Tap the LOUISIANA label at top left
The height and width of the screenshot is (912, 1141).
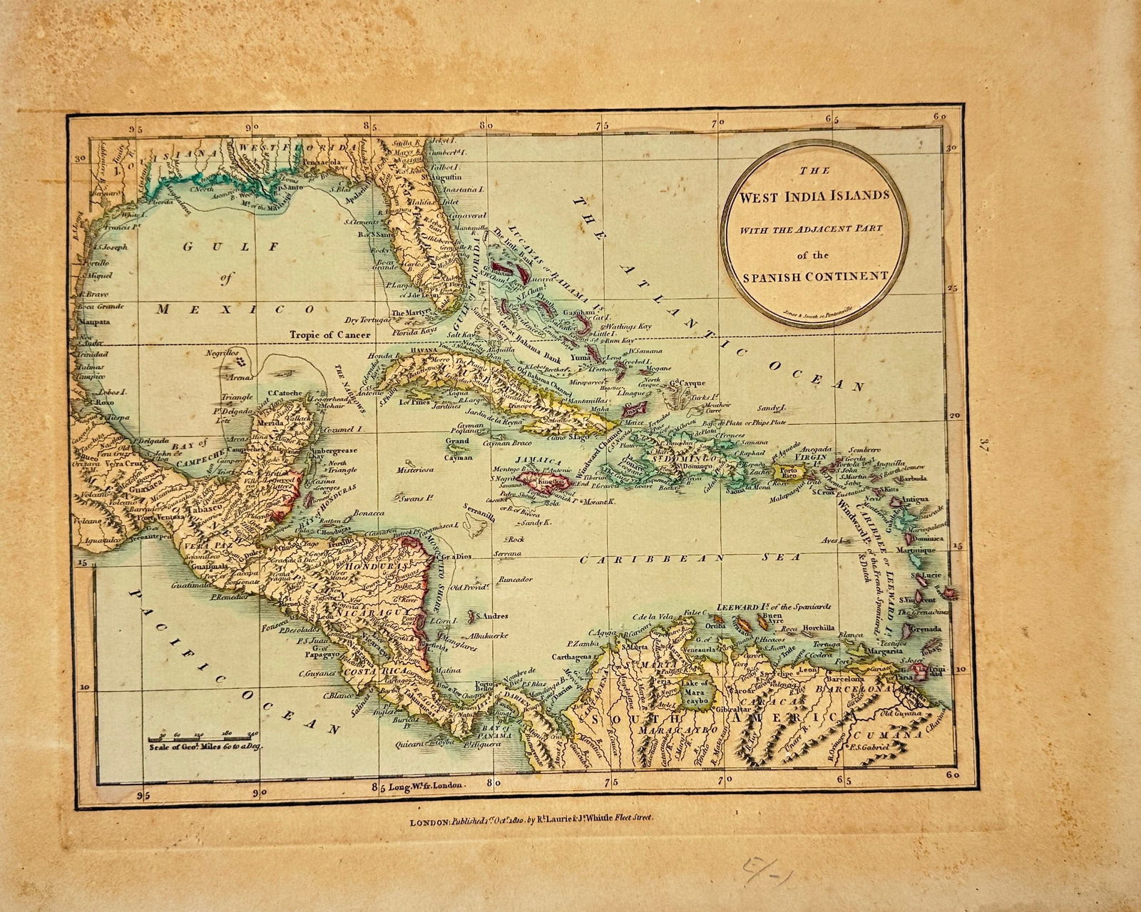pos(163,153)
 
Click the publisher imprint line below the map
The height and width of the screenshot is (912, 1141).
pos(531,821)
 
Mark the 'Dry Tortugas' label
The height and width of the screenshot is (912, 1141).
pos(366,320)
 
